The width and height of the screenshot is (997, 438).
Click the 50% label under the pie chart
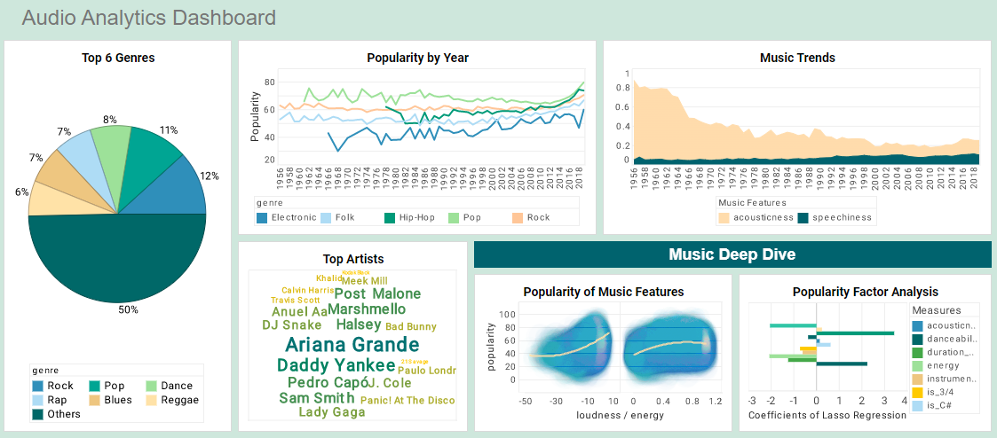tap(129, 309)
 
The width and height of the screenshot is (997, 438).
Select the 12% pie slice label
tap(209, 176)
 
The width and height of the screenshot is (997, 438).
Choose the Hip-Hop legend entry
tap(410, 217)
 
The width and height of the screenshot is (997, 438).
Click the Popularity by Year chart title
tap(417, 58)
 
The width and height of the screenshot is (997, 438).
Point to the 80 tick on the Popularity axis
tap(269, 82)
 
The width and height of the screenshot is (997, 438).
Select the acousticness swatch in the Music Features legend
tap(724, 217)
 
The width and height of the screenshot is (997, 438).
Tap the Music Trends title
tap(797, 58)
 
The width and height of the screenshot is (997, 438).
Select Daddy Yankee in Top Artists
tap(336, 365)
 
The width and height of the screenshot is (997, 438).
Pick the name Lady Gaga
tap(331, 412)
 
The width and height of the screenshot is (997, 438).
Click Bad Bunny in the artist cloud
tap(411, 327)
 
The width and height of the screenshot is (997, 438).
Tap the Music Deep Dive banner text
tap(732, 254)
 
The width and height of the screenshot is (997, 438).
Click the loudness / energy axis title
tap(619, 415)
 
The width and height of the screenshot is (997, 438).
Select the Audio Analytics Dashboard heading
tap(148, 18)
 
